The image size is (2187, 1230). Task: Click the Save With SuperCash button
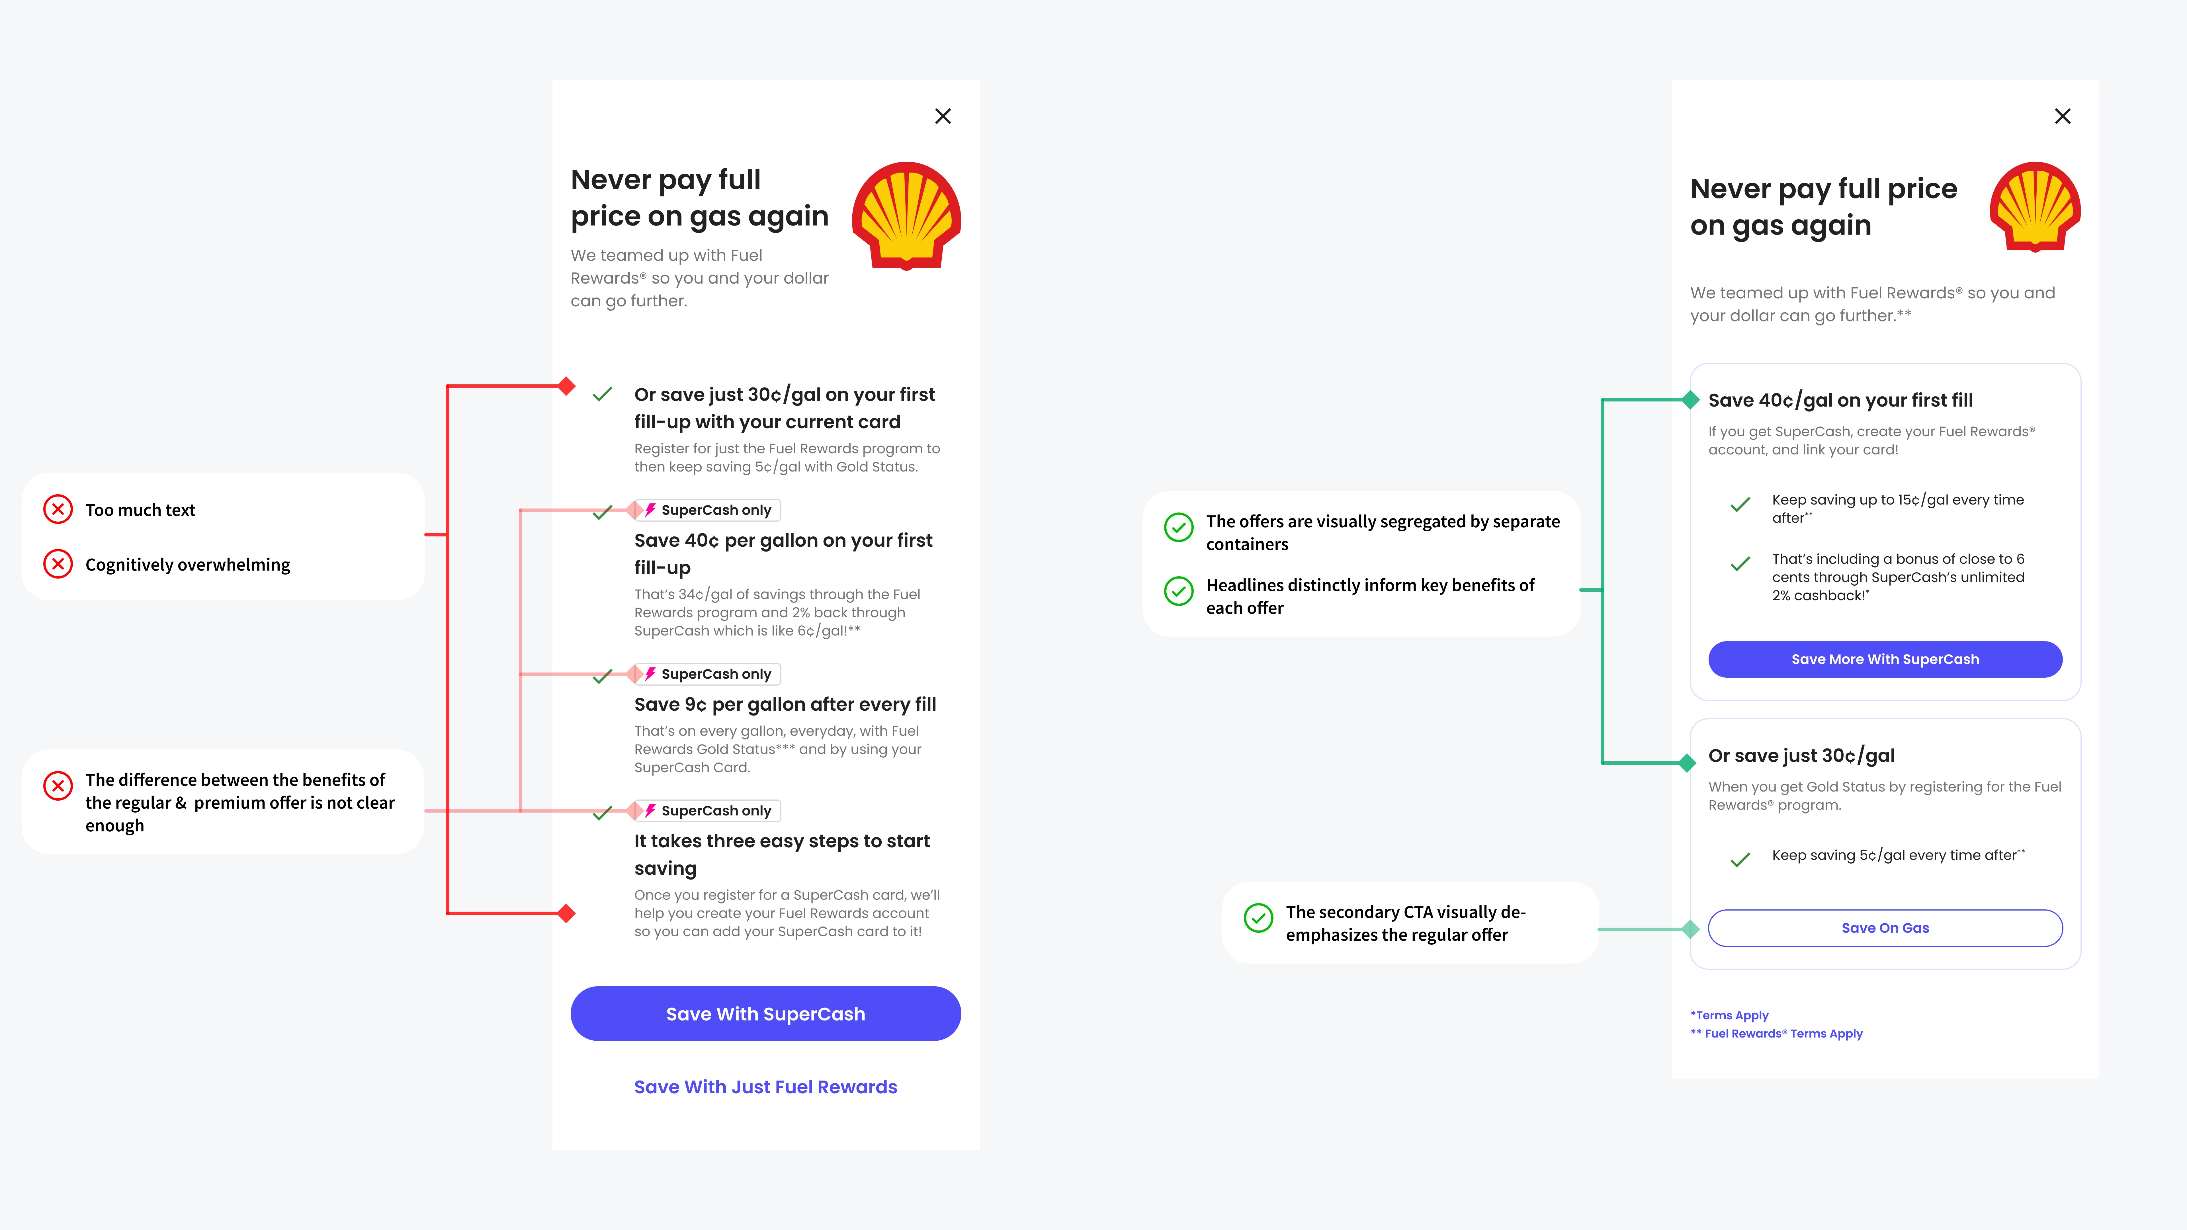click(765, 1014)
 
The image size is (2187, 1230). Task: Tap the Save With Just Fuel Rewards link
click(765, 1086)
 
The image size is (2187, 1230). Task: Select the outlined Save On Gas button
click(1885, 928)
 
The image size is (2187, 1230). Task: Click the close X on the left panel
click(942, 116)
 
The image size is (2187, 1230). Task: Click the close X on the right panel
click(2062, 116)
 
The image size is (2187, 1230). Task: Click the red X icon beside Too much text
click(58, 509)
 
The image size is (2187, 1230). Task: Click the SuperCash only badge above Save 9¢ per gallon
click(708, 674)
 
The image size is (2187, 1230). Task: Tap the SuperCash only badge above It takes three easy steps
click(708, 811)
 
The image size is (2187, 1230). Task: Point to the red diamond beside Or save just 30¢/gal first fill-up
click(566, 386)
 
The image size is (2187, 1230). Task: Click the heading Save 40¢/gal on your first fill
click(1840, 400)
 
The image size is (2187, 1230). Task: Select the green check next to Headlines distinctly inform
click(1178, 591)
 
